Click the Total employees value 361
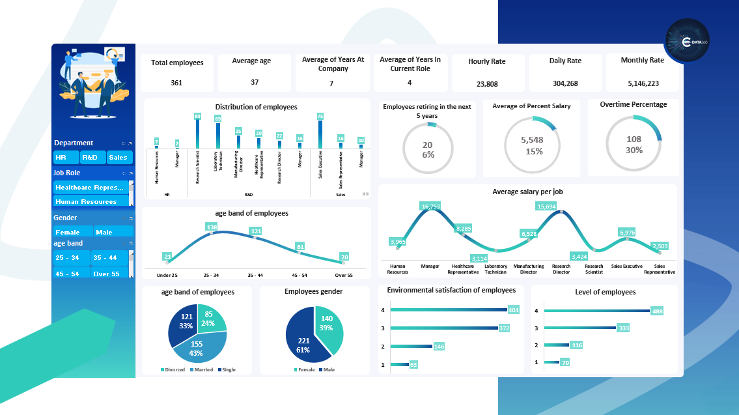tap(176, 83)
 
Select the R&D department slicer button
tap(90, 158)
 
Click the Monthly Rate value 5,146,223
tap(643, 83)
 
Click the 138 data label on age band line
tap(212, 227)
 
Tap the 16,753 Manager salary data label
tap(431, 207)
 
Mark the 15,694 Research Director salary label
tap(546, 207)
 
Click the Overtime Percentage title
tap(634, 104)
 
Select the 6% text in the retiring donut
tap(428, 155)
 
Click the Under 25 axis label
tap(167, 276)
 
